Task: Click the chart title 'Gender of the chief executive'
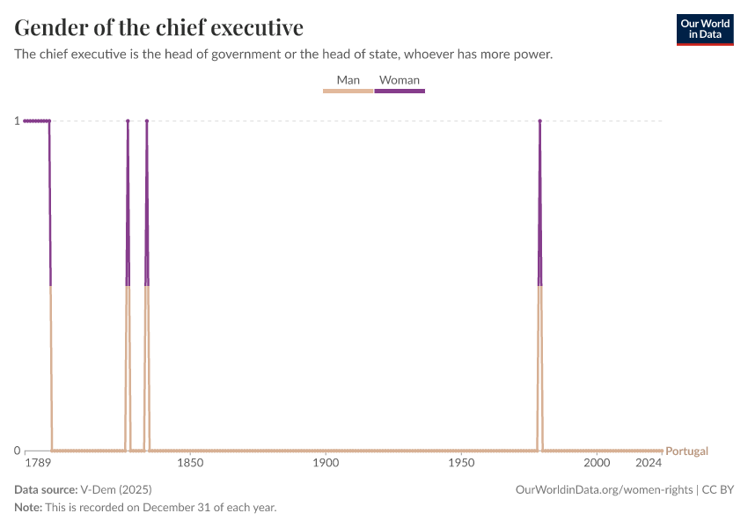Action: pos(159,27)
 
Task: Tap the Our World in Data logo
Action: pos(704,29)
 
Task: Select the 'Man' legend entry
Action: pos(348,80)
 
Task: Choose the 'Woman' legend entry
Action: pos(400,80)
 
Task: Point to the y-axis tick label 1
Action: pos(17,121)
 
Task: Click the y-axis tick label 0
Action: pos(17,451)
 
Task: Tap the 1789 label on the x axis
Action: pos(36,463)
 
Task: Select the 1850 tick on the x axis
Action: pos(190,463)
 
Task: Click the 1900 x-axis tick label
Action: pos(326,463)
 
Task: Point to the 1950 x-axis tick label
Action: pos(461,463)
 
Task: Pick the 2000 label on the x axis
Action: pos(597,463)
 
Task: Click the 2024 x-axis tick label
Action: pos(649,463)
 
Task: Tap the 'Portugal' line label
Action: pos(686,451)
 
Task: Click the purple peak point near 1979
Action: pos(539,121)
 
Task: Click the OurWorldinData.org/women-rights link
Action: pos(605,489)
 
